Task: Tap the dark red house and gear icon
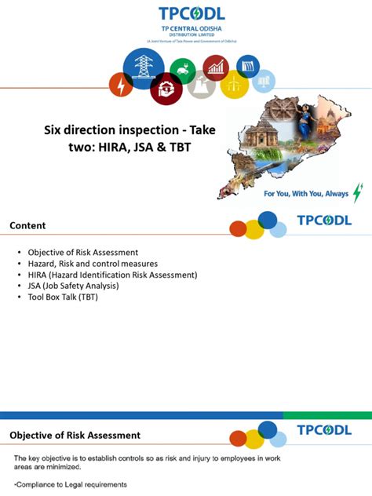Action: coord(166,88)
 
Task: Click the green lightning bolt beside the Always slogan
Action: coord(358,192)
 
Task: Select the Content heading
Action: coord(27,226)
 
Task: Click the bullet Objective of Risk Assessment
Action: coord(83,252)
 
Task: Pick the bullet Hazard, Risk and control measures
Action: coord(93,264)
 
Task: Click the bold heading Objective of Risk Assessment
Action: coord(75,435)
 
